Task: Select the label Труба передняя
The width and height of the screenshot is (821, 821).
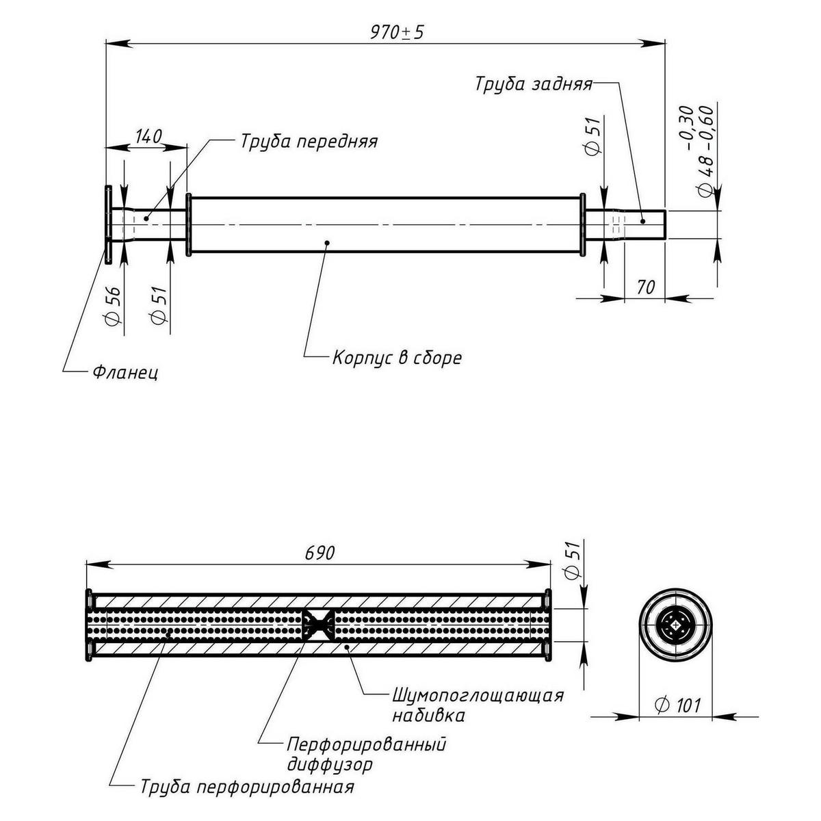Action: (309, 142)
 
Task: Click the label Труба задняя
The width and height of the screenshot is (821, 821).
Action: (534, 84)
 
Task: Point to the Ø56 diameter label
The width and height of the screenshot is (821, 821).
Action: (114, 304)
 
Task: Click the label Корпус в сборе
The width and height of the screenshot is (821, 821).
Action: (397, 357)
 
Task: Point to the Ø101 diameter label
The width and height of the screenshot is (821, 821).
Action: (677, 705)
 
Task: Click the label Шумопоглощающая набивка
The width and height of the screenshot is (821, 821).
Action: (478, 705)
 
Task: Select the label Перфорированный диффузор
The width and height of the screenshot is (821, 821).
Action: (366, 753)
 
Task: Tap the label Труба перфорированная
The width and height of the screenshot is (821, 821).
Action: (247, 787)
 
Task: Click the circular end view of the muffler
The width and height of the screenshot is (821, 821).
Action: (677, 623)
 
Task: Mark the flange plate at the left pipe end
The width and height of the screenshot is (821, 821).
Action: (108, 224)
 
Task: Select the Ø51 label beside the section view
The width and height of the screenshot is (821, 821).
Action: (573, 560)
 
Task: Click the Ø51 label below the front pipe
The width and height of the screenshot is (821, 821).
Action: (158, 306)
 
